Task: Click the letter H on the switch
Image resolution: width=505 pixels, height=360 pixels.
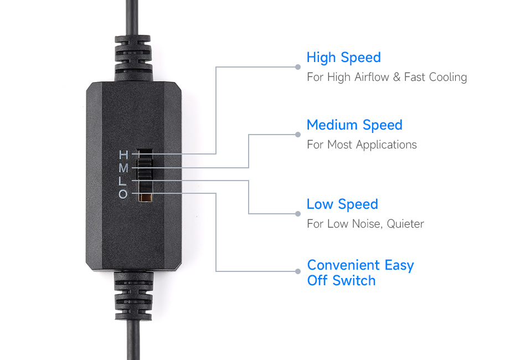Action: pyautogui.click(x=123, y=155)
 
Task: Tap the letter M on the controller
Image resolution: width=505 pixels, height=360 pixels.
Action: pyautogui.click(x=123, y=168)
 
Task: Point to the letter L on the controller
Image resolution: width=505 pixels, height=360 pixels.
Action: pyautogui.click(x=122, y=181)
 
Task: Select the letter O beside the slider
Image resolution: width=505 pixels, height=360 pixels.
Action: pyautogui.click(x=123, y=194)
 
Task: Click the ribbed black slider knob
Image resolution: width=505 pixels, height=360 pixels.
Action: pyautogui.click(x=145, y=164)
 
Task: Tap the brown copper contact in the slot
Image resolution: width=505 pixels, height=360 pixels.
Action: pyautogui.click(x=145, y=197)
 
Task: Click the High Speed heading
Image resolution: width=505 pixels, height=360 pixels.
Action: pyautogui.click(x=344, y=58)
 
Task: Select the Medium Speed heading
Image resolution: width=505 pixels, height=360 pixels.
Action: pyautogui.click(x=354, y=125)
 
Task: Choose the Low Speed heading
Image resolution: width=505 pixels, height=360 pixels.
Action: pyautogui.click(x=342, y=204)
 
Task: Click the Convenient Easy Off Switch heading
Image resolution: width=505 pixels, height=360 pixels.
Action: pyautogui.click(x=360, y=272)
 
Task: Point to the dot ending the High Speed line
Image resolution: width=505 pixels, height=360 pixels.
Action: pyautogui.click(x=298, y=67)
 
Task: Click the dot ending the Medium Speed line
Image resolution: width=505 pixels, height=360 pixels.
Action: pyautogui.click(x=298, y=135)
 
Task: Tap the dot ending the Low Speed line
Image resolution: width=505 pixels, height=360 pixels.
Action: pyautogui.click(x=298, y=214)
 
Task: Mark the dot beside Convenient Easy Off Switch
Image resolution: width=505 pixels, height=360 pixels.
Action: pyautogui.click(x=298, y=271)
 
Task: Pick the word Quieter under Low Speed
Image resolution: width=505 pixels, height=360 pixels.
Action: pyautogui.click(x=405, y=224)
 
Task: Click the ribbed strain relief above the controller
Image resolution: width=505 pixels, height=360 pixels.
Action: pyautogui.click(x=133, y=58)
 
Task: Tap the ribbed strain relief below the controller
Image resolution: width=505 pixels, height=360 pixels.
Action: pyautogui.click(x=133, y=296)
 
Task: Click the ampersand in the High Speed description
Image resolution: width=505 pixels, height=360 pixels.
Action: pyautogui.click(x=397, y=78)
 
